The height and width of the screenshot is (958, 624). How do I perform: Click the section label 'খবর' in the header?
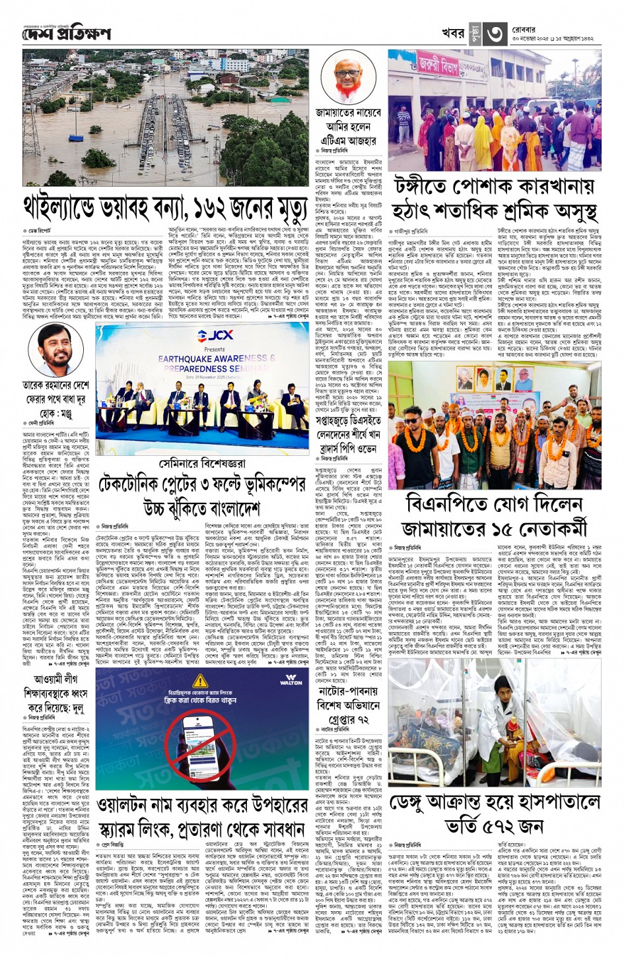pyautogui.click(x=453, y=34)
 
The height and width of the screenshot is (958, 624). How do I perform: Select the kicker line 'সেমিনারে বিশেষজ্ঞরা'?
pyautogui.click(x=201, y=464)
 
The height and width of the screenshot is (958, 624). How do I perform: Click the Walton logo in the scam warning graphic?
pyautogui.click(x=291, y=681)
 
